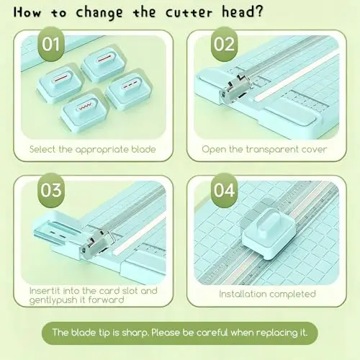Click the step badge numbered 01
[51, 44]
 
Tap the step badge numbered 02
[224, 44]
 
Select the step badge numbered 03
[51, 190]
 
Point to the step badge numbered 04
[224, 190]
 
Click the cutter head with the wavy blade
[84, 112]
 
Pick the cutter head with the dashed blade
[130, 89]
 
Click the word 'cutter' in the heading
[189, 12]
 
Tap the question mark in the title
[258, 11]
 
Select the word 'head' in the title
[238, 12]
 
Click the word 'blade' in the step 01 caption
[143, 149]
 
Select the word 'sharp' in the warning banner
[135, 333]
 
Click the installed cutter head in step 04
[269, 233]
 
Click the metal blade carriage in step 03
[96, 245]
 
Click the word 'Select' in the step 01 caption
[43, 149]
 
